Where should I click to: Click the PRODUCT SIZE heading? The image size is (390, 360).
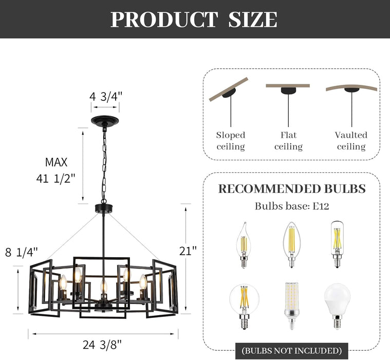click(x=194, y=20)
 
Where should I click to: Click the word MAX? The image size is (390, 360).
click(x=57, y=163)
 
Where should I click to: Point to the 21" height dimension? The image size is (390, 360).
click(x=188, y=251)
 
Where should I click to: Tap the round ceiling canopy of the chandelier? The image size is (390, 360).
click(x=105, y=122)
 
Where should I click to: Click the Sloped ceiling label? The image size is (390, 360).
click(x=230, y=141)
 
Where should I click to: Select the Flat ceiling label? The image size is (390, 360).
click(x=288, y=141)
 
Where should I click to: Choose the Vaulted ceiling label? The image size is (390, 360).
click(x=351, y=141)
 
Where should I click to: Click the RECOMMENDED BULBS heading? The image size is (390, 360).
click(x=292, y=188)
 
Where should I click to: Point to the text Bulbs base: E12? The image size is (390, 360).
click(x=292, y=206)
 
